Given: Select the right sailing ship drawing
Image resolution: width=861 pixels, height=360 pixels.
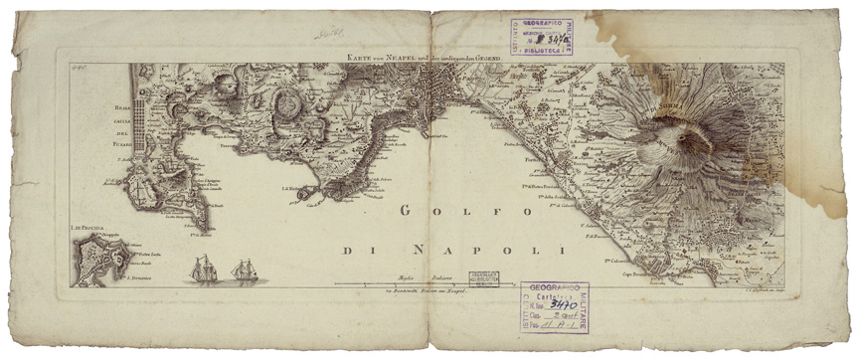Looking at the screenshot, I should (x=245, y=270).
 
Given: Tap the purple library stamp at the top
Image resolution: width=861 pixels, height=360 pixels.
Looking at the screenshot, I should (x=543, y=36).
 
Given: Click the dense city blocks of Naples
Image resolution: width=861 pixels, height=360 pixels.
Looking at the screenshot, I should (x=435, y=96).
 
